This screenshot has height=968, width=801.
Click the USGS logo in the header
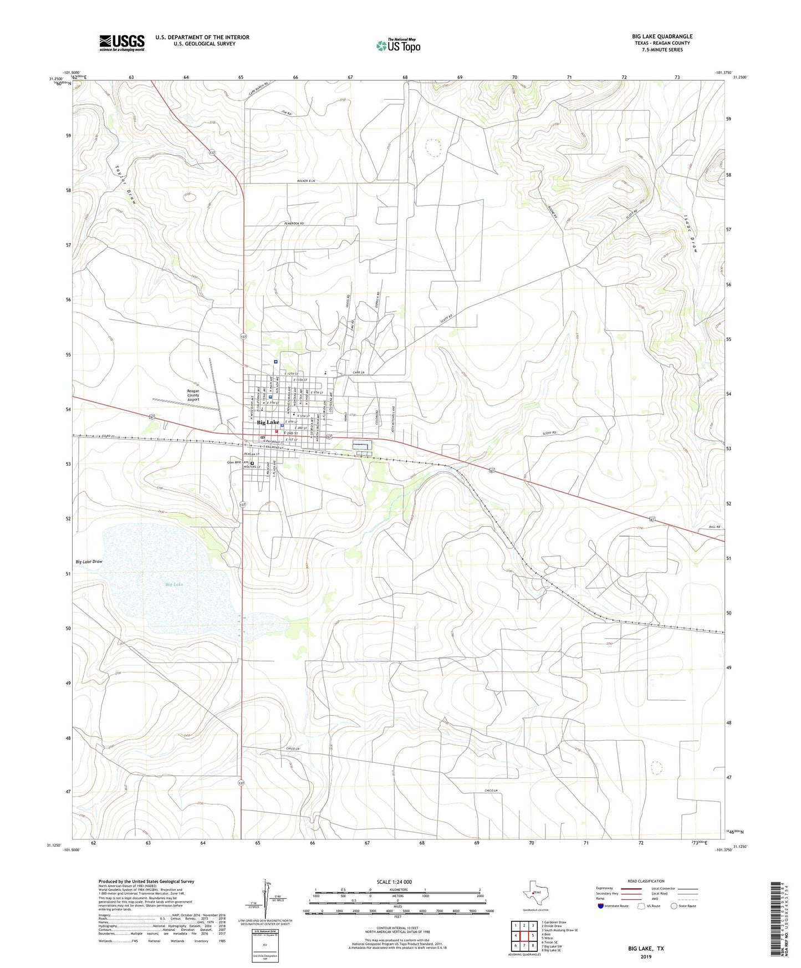pos(121,42)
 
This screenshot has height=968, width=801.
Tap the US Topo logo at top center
pos(397,45)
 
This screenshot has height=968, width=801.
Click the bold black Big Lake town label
pos(268,422)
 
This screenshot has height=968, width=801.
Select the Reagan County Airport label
pos(193,395)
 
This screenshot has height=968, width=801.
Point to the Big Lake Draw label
pos(89,562)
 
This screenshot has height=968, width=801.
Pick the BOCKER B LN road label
pos(306,181)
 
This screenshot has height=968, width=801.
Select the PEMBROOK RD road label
pos(294,223)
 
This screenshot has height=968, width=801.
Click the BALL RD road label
pos(714,527)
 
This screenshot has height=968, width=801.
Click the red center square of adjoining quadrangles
pos(524,935)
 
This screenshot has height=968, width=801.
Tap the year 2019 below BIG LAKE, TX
pos(646,956)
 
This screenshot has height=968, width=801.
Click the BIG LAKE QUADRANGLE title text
pos(662,37)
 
